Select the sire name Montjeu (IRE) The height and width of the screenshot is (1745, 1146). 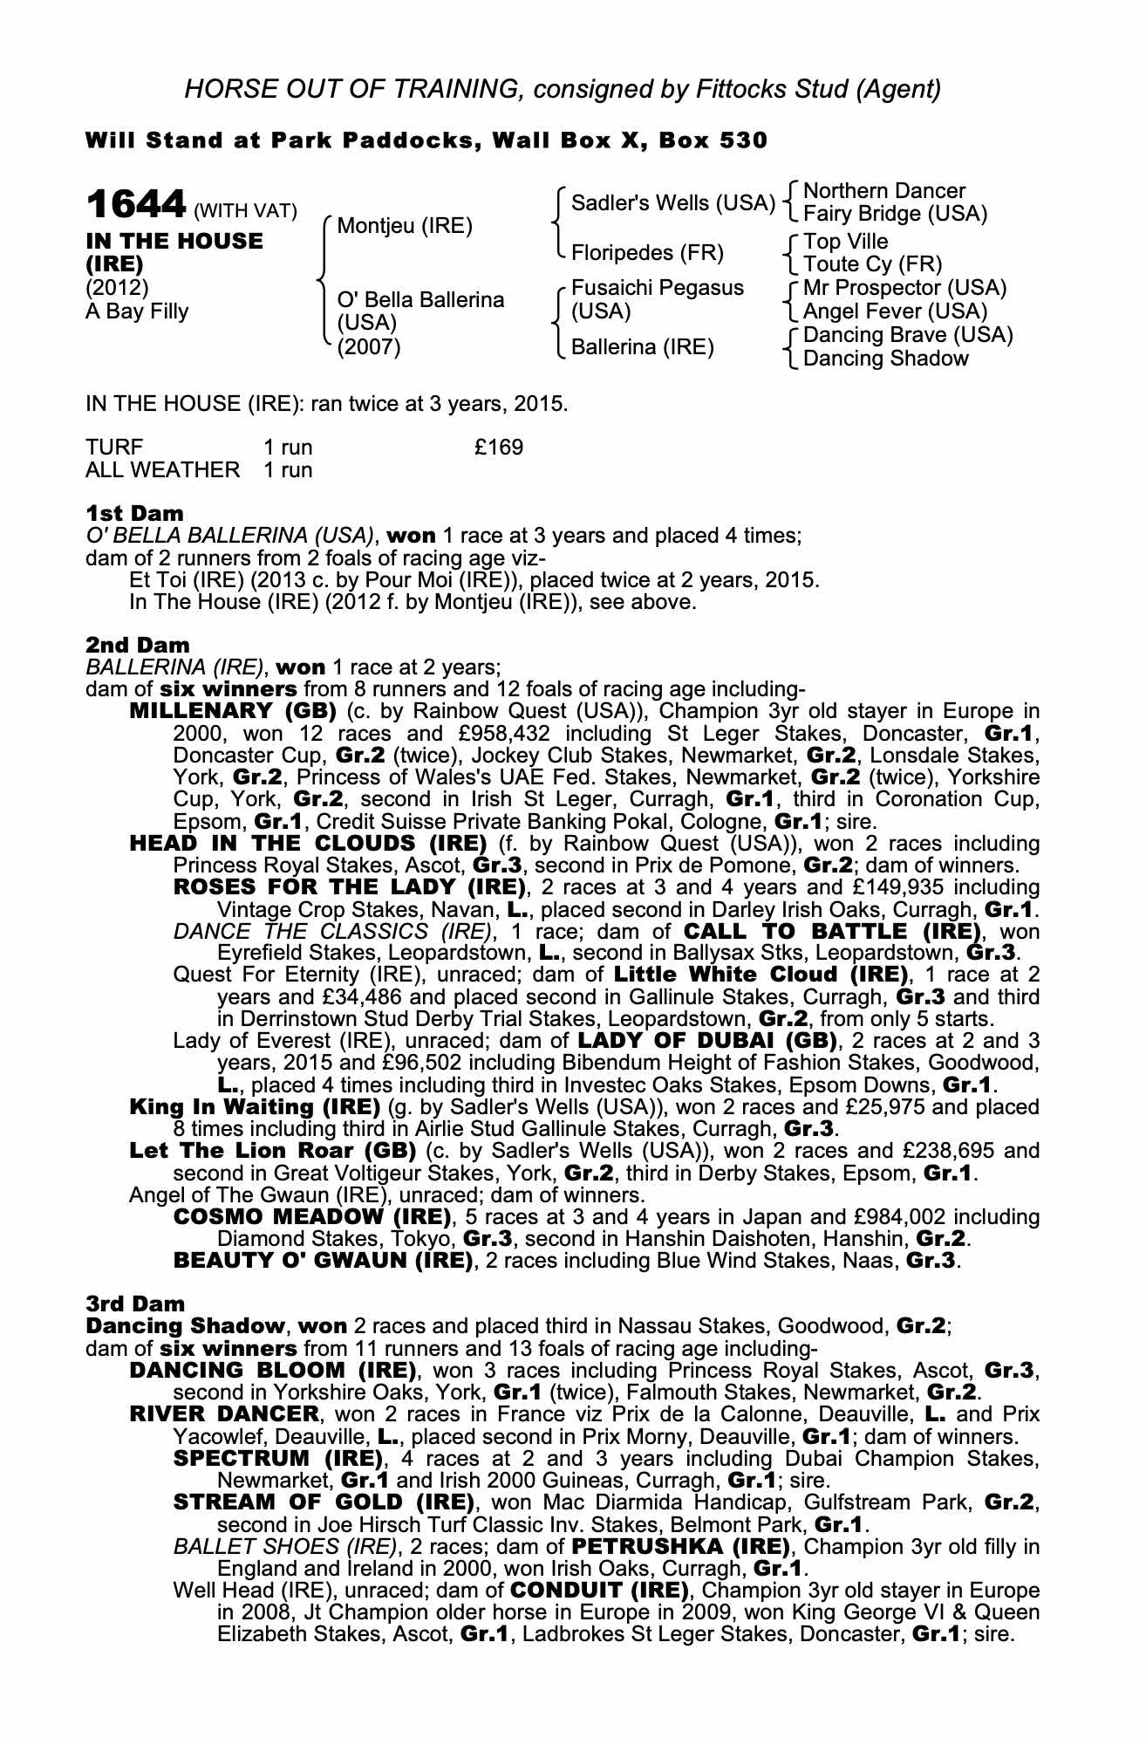tap(404, 227)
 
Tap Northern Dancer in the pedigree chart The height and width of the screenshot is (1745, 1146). tap(883, 191)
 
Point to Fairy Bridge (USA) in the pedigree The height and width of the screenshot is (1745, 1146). tap(895, 214)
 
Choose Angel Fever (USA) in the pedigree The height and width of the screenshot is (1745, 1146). tap(895, 311)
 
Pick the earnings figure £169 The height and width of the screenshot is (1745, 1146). tap(499, 448)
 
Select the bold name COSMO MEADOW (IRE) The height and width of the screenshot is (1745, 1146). tap(313, 1216)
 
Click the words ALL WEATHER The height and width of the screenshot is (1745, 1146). tap(162, 470)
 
